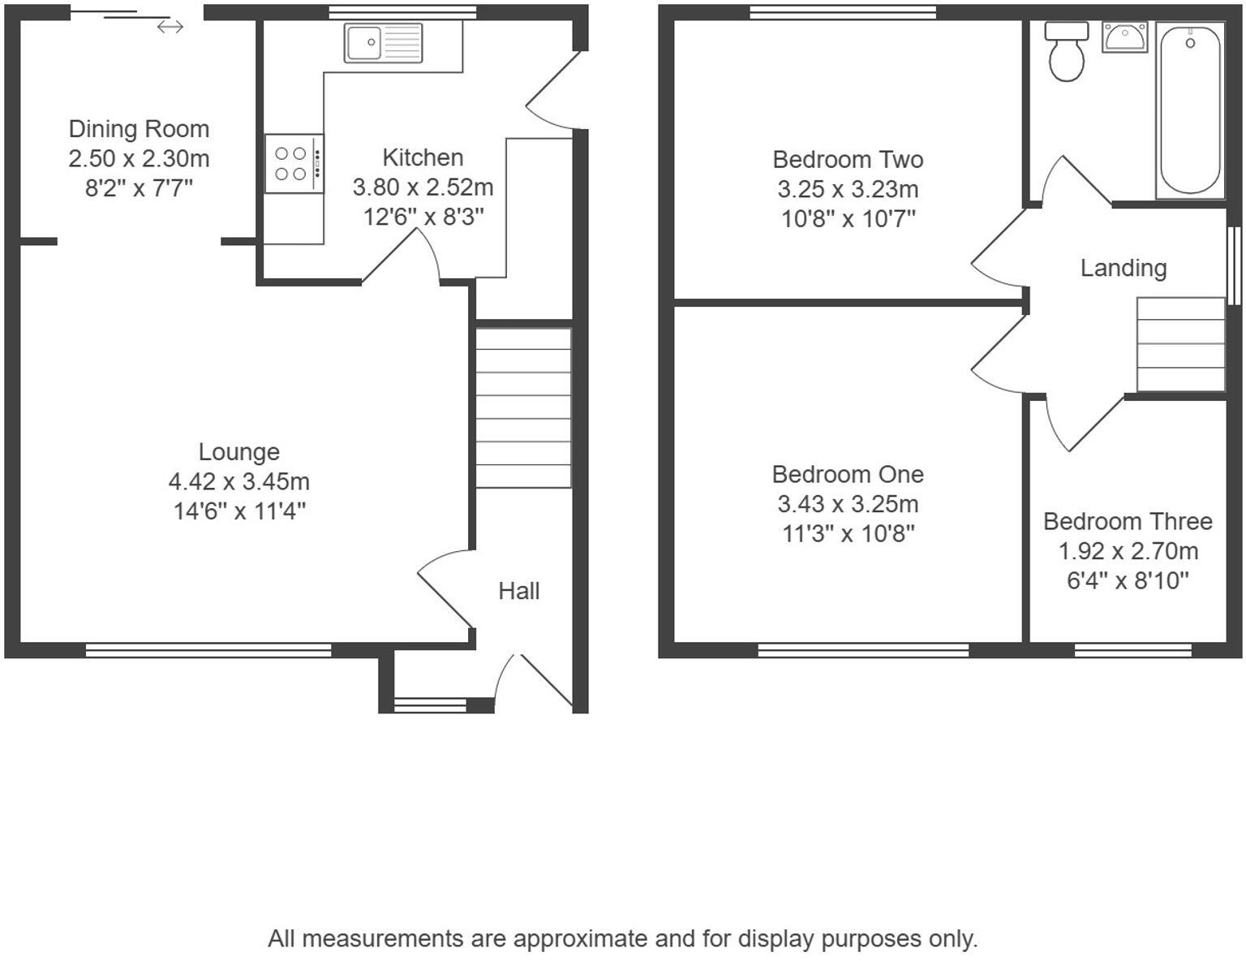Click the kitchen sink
[383, 43]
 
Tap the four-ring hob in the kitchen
[294, 163]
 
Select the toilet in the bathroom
[1066, 51]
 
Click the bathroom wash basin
[1124, 37]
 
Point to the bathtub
[1190, 110]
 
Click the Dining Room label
[139, 129]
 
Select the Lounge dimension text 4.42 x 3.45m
[238, 481]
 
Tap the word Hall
[518, 591]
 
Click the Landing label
[1123, 268]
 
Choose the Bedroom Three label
[1128, 521]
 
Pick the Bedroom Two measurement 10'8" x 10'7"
[848, 218]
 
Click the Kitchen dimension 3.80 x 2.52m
[423, 187]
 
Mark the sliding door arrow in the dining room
[170, 28]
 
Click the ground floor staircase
[523, 407]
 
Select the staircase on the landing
[1180, 344]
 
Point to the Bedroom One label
[848, 474]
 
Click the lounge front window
[208, 649]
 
